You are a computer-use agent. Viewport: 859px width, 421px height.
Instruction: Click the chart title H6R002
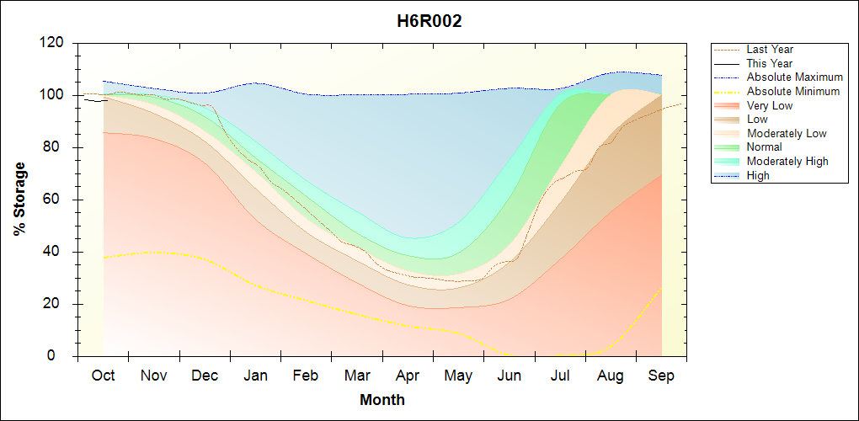click(429, 22)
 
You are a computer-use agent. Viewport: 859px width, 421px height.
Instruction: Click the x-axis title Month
click(382, 400)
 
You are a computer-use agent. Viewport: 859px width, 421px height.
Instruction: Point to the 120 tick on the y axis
click(52, 43)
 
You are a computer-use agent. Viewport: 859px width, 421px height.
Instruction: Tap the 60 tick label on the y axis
click(56, 200)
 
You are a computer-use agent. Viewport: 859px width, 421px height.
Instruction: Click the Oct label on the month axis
click(103, 376)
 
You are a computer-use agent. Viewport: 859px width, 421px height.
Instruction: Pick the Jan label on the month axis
click(255, 376)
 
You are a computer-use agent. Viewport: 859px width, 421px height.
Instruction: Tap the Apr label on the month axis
click(408, 376)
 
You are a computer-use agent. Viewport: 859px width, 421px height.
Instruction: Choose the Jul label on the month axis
click(560, 376)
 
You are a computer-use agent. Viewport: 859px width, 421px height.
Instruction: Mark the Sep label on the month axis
click(661, 376)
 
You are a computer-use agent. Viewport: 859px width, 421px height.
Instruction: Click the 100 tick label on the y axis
click(52, 95)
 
